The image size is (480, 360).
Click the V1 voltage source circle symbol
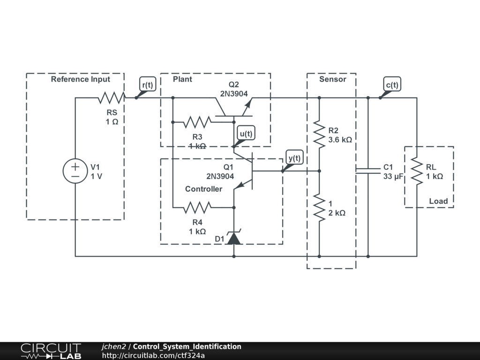(75, 171)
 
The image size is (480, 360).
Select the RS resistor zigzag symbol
(112, 97)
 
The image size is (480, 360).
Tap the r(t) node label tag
(148, 84)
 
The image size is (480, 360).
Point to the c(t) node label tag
(392, 84)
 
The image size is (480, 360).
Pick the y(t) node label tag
(294, 157)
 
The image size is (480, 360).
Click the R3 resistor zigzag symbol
(197, 122)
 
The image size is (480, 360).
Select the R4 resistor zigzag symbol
(197, 208)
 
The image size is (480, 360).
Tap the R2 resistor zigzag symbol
(319, 135)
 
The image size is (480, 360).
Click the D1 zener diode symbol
(234, 237)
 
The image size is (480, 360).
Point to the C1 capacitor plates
(368, 171)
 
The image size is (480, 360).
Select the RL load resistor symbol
(417, 171)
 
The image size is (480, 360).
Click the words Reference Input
(81, 79)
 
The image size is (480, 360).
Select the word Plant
(182, 79)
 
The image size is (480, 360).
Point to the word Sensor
(333, 79)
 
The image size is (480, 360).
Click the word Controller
(203, 189)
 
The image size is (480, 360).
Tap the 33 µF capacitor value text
(393, 176)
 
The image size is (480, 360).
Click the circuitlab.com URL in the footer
(153, 355)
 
